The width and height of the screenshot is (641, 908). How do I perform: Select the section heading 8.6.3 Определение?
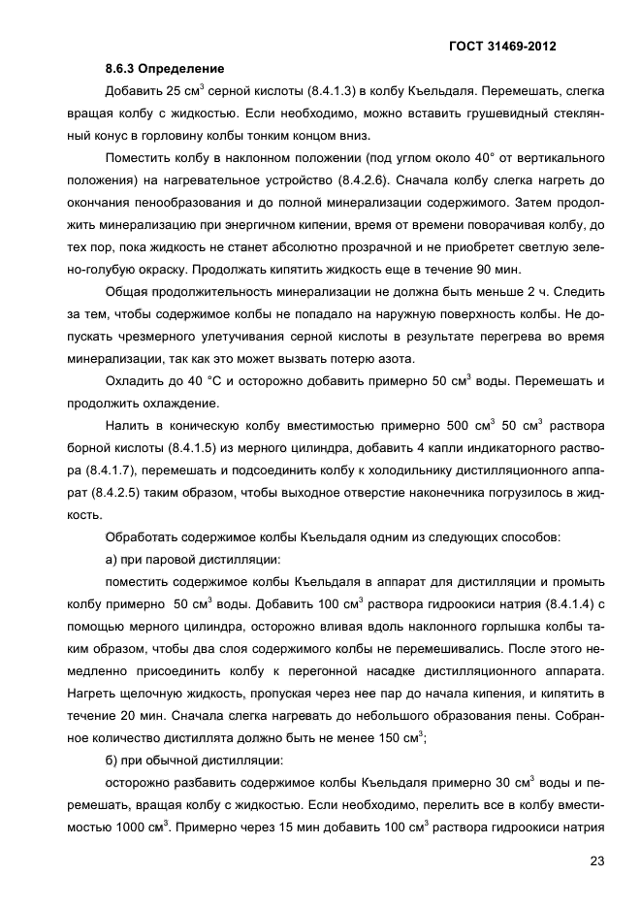[165, 69]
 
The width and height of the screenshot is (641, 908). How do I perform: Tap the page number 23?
[594, 859]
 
